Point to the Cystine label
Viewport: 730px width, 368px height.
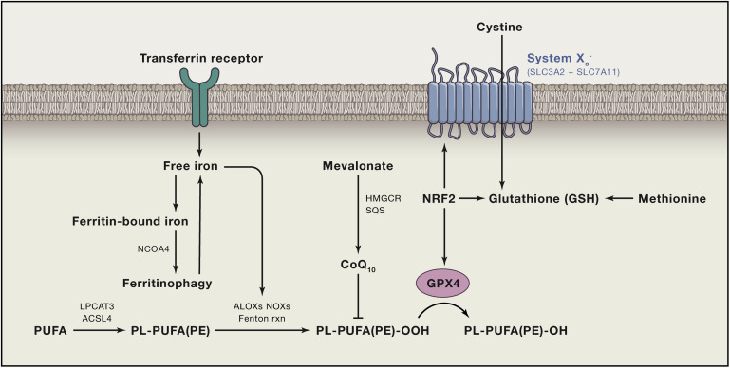pos(500,28)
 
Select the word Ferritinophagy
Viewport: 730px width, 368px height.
pos(168,282)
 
